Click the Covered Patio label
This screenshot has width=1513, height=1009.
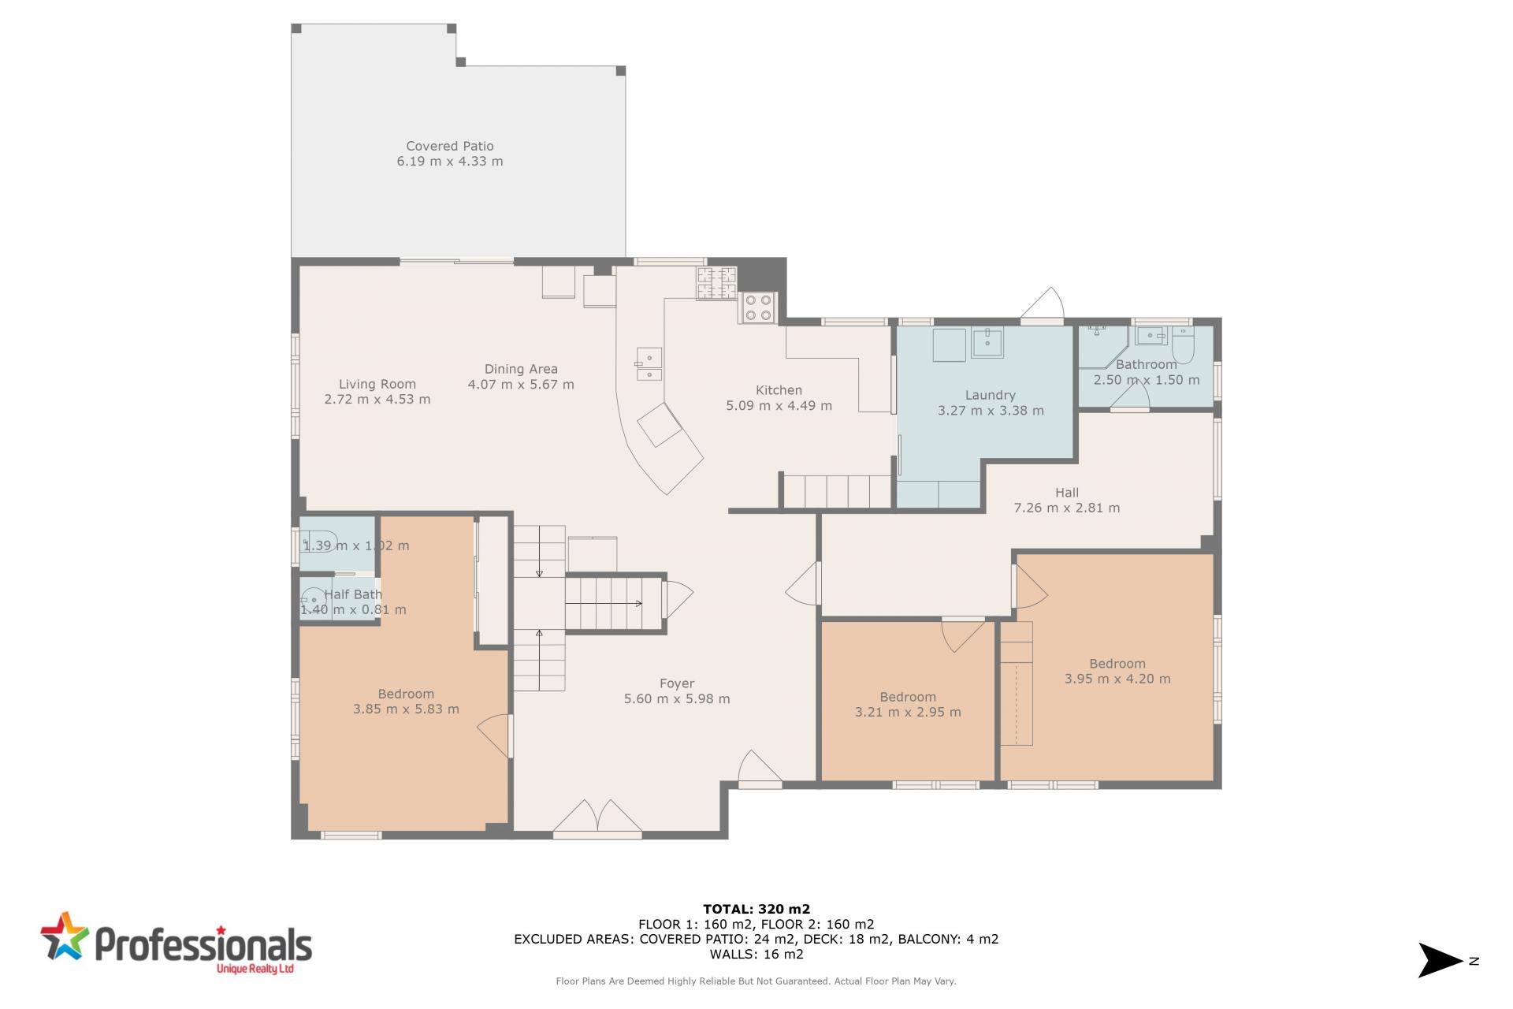click(450, 146)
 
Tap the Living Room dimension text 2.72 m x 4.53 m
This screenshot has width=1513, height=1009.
click(377, 399)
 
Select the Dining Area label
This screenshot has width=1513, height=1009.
click(521, 369)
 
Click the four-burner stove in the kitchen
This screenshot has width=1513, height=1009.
click(758, 307)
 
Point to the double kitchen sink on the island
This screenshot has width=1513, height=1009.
click(649, 364)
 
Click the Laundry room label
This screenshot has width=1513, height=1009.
click(991, 395)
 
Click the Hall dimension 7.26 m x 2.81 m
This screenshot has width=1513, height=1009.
click(1067, 508)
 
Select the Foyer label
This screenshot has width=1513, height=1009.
click(677, 683)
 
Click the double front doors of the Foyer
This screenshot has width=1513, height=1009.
click(597, 817)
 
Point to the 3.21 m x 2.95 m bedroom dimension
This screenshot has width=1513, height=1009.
click(908, 712)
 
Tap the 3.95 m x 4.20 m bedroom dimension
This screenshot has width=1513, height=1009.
click(1117, 679)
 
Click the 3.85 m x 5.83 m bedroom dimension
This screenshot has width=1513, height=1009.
click(406, 709)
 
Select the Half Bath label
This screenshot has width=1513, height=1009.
click(353, 594)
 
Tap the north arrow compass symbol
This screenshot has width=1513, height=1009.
click(1441, 960)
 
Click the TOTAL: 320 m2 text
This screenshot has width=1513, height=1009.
click(756, 909)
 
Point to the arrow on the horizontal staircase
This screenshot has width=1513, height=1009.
click(604, 604)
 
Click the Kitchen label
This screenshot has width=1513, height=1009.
click(779, 390)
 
